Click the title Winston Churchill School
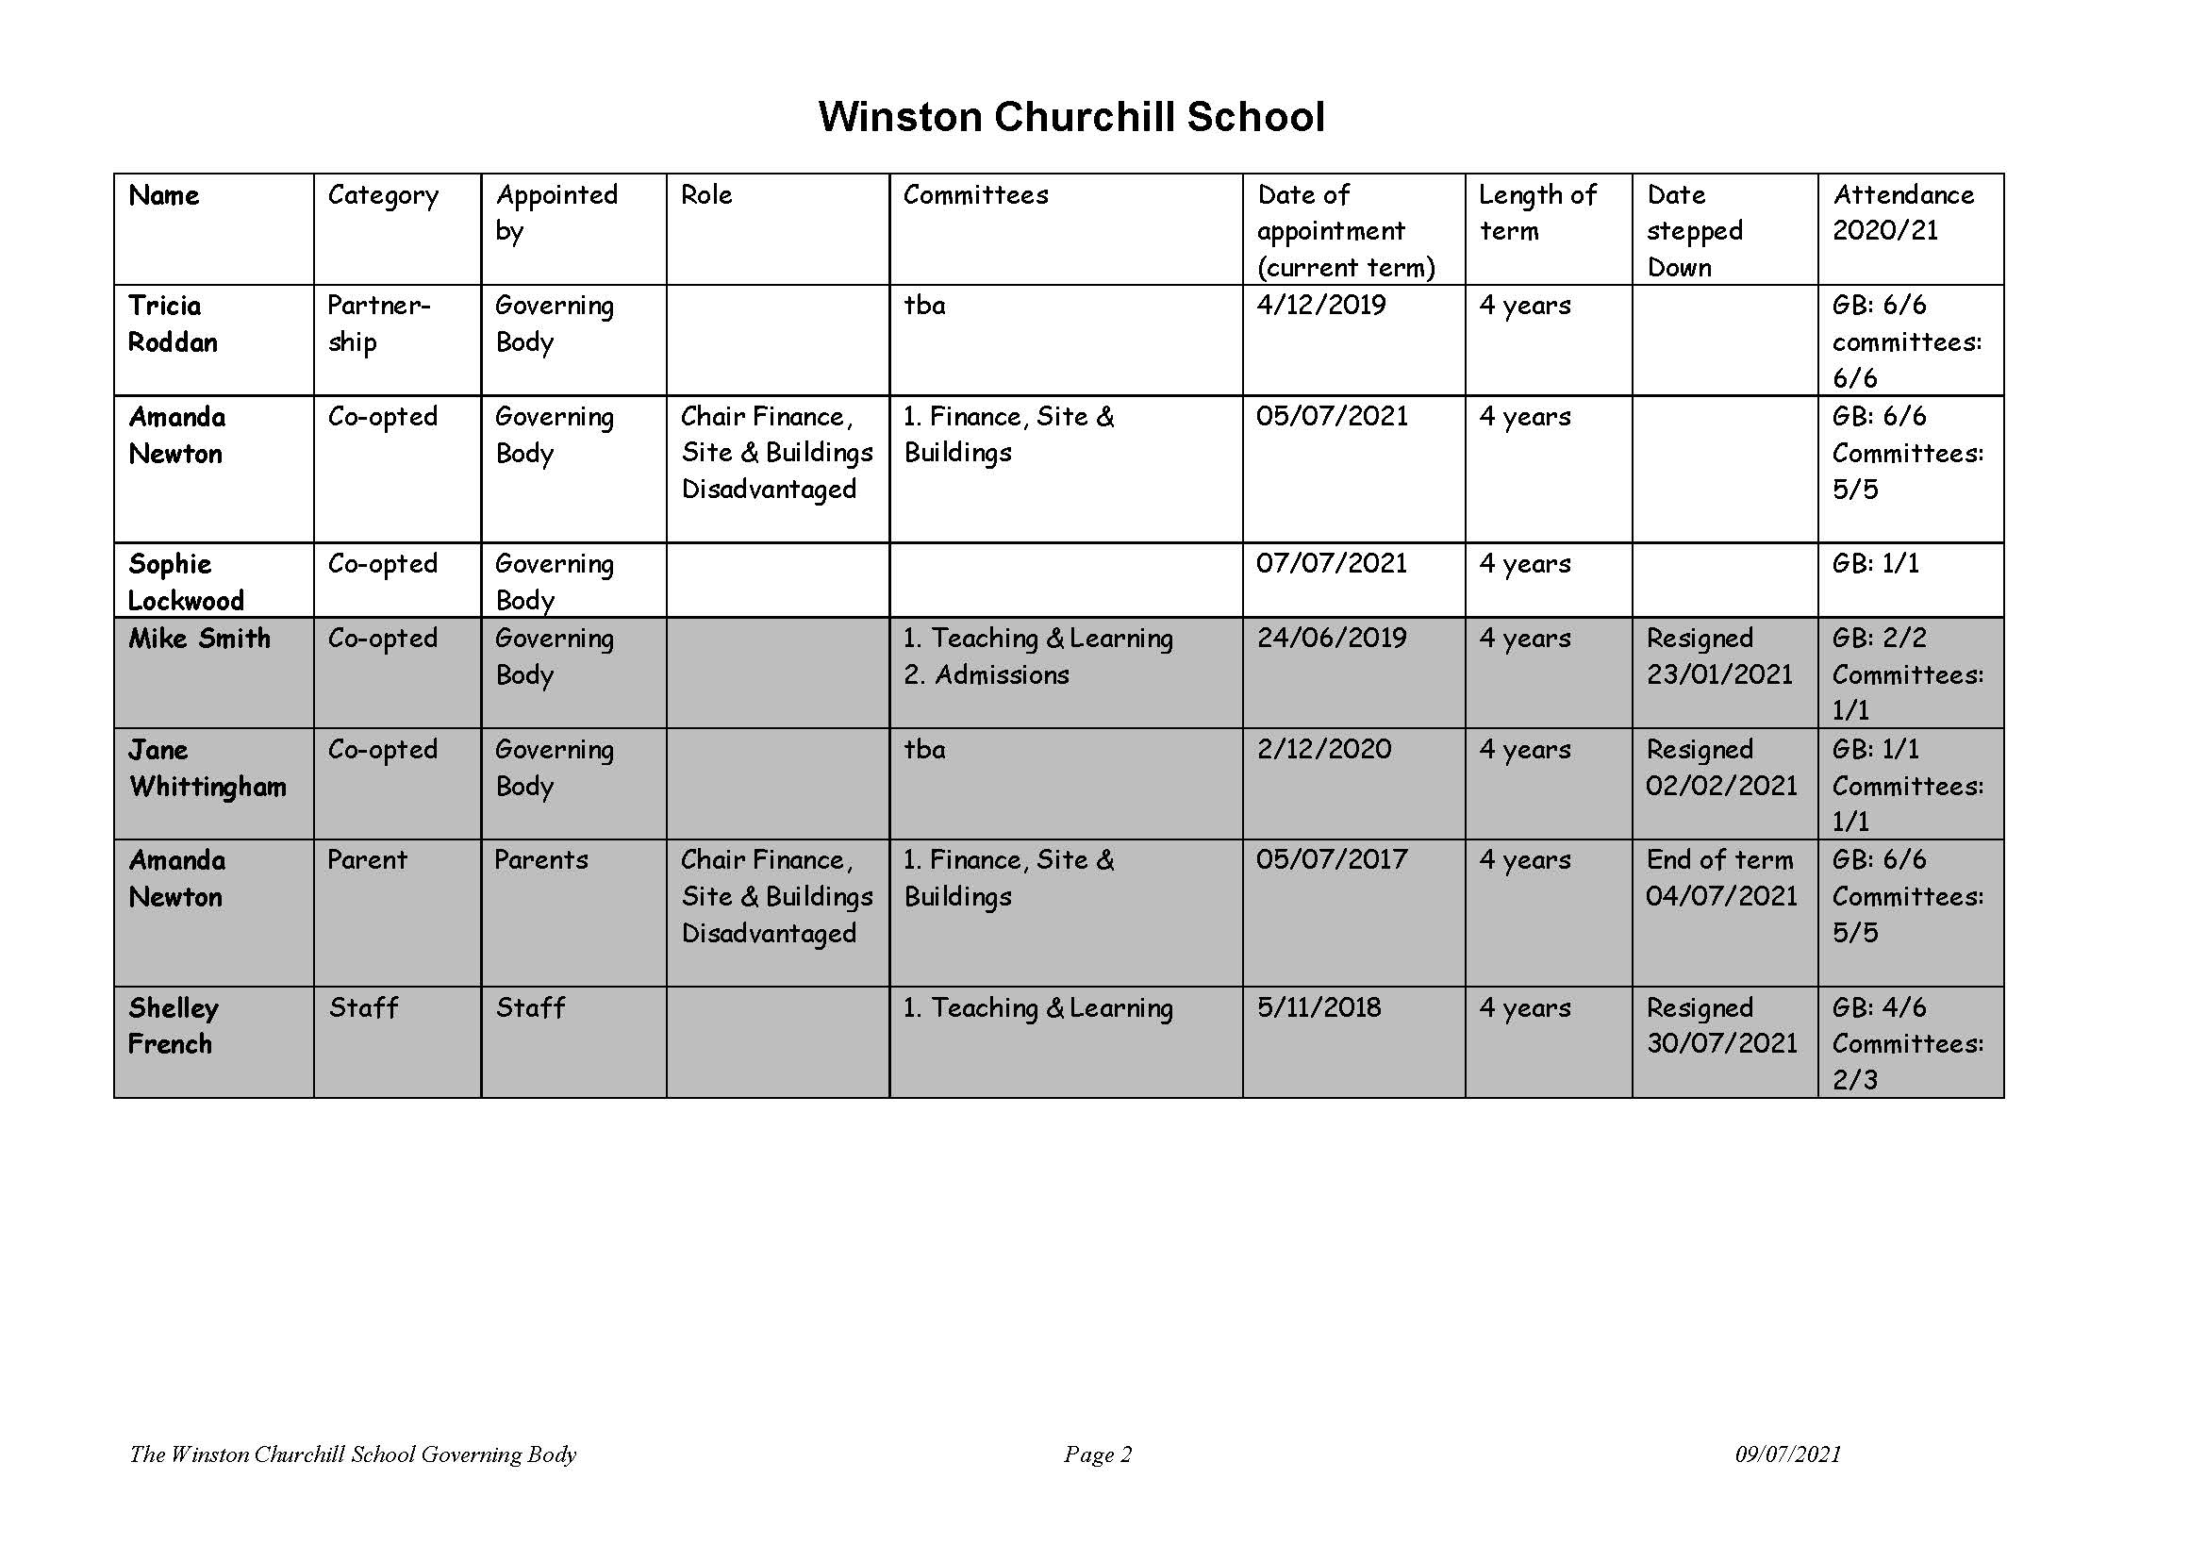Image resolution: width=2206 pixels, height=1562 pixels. click(1070, 117)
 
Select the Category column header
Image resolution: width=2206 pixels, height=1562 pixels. click(383, 195)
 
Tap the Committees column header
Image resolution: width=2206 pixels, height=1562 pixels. click(975, 195)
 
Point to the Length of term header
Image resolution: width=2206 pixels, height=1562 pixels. click(1536, 212)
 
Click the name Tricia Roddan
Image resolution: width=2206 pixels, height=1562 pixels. click(174, 324)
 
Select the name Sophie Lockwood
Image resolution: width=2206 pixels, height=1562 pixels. click(186, 581)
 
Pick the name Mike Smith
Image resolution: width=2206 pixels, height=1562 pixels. click(199, 639)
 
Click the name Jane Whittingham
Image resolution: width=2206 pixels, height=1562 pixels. click(207, 768)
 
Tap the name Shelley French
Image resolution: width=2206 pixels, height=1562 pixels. click(174, 1025)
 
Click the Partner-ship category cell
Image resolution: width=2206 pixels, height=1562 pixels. click(378, 324)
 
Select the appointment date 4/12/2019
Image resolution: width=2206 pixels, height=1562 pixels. click(1320, 306)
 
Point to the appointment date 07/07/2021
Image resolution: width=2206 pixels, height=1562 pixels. click(1331, 564)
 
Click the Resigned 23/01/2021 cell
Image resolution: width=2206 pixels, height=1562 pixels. click(1718, 656)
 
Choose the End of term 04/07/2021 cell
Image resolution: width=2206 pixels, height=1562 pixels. click(1720, 877)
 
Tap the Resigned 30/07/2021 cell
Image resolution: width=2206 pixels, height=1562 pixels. click(1720, 1025)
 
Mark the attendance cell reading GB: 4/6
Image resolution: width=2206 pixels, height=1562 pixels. click(1878, 1008)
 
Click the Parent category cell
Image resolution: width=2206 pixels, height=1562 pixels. click(366, 860)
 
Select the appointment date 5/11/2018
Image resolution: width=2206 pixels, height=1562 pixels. click(1319, 1008)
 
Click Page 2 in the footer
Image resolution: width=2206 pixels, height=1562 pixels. click(1097, 1454)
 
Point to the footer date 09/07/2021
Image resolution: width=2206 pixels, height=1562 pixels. click(1786, 1454)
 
